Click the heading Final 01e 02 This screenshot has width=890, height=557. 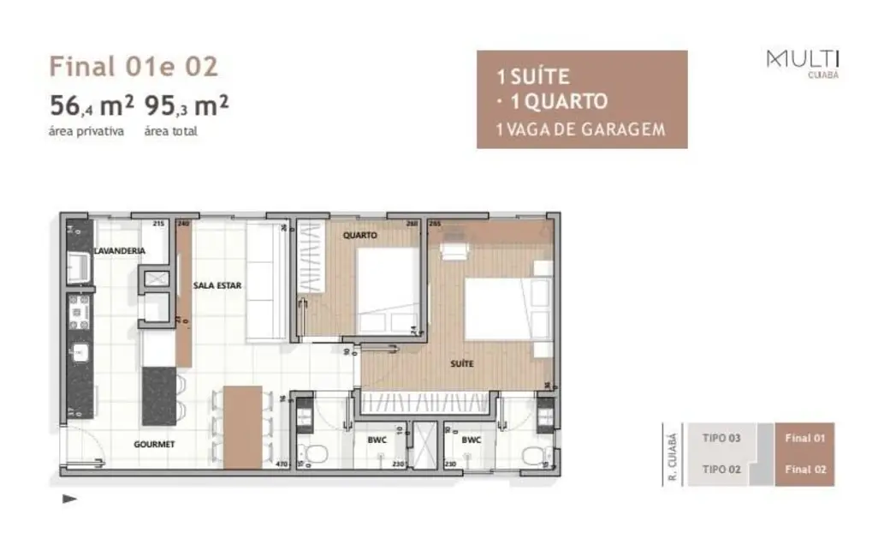(133, 66)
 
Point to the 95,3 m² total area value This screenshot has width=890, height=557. (186, 107)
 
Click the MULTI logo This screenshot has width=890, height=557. (803, 61)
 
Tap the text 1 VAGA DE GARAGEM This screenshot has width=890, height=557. (580, 129)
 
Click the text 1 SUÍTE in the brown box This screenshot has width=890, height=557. (533, 77)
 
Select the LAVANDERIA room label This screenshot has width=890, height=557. (119, 251)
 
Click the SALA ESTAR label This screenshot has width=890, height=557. (223, 285)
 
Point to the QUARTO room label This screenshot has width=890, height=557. (359, 235)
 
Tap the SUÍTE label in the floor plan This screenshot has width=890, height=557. (462, 364)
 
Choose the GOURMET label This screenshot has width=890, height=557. (154, 444)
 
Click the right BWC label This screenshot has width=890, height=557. (471, 440)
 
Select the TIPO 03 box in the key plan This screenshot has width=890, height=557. (721, 438)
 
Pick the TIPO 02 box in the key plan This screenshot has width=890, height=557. (721, 469)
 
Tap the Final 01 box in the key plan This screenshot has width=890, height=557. (804, 438)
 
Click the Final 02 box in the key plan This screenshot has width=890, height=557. (804, 470)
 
